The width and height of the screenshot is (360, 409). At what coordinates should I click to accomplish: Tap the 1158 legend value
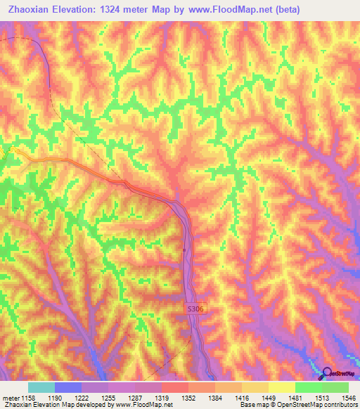[28, 397]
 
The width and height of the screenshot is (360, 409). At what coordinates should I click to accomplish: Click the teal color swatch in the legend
[41, 387]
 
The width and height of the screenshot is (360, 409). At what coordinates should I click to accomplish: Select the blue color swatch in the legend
[67, 387]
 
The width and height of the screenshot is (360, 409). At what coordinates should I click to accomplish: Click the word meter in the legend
[11, 397]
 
